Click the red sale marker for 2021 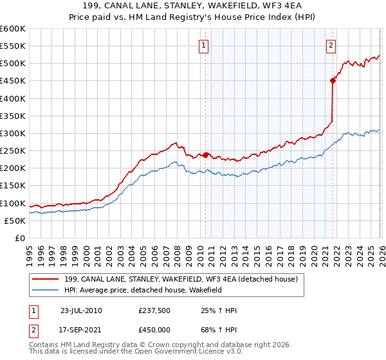click(x=333, y=80)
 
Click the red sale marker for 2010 click(x=205, y=155)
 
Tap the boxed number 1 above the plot click(x=203, y=45)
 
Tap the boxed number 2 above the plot click(x=331, y=45)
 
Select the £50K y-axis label click(x=15, y=221)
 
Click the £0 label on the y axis click(x=19, y=238)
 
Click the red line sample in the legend click(x=46, y=280)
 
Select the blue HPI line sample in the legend click(x=46, y=290)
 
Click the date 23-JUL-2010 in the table click(x=81, y=310)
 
